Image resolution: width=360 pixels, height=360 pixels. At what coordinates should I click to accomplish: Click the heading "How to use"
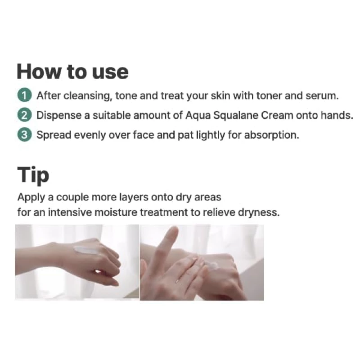pyautogui.click(x=72, y=72)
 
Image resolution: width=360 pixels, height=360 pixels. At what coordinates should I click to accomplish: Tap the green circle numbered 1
pyautogui.click(x=24, y=95)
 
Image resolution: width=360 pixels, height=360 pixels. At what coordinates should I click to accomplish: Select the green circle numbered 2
pyautogui.click(x=24, y=115)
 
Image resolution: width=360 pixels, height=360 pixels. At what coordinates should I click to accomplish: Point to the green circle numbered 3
pyautogui.click(x=24, y=135)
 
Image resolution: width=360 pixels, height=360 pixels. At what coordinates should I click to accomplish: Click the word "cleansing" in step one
pyautogui.click(x=88, y=96)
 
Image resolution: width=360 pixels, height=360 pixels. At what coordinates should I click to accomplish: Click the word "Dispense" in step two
pyautogui.click(x=59, y=115)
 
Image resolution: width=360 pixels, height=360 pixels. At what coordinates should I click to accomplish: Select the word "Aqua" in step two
pyautogui.click(x=198, y=116)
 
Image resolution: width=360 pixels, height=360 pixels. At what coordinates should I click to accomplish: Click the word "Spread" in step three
pyautogui.click(x=54, y=135)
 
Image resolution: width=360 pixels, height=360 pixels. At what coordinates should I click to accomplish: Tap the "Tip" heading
pyautogui.click(x=33, y=175)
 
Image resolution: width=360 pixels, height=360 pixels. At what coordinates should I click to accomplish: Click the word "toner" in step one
pyautogui.click(x=269, y=96)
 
